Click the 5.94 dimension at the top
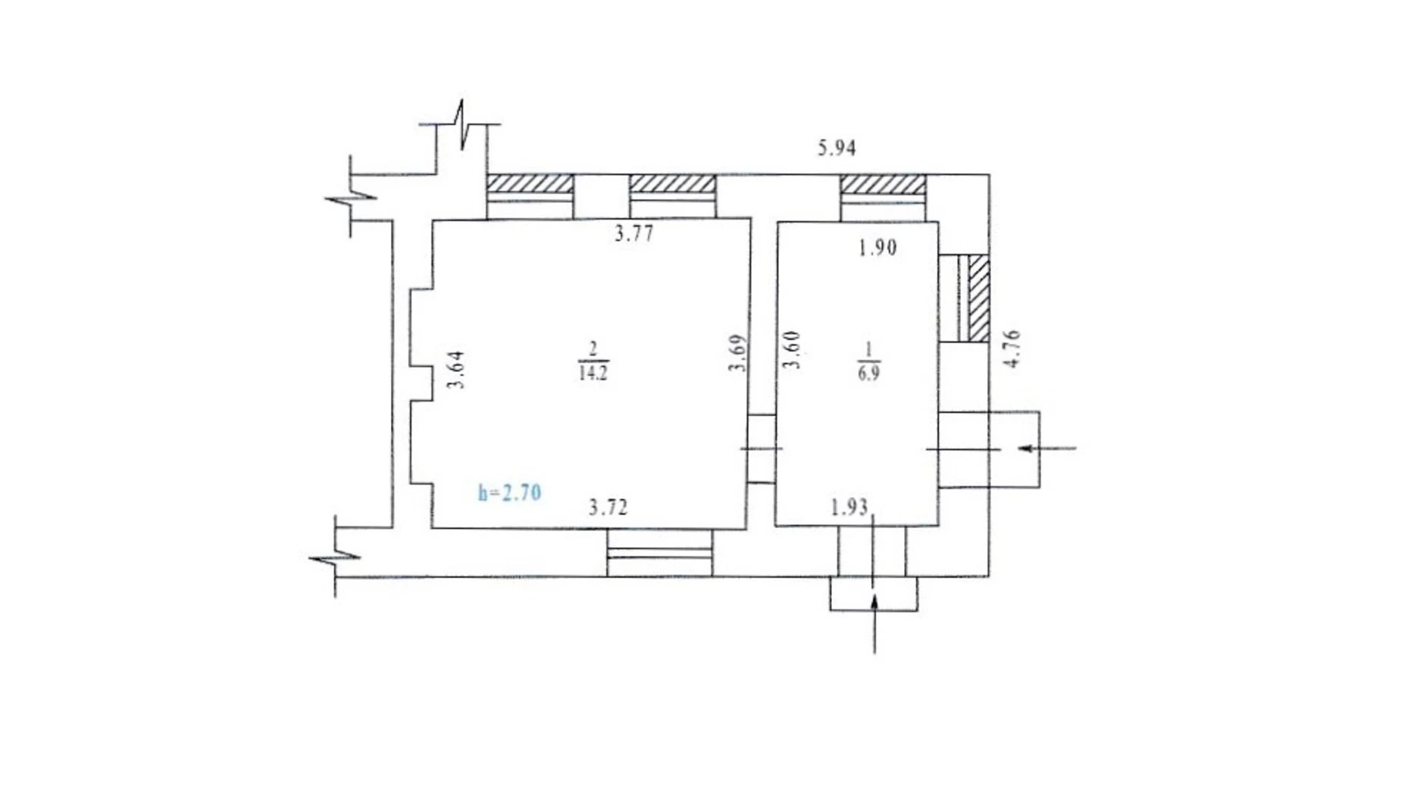click(836, 148)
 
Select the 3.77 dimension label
click(634, 233)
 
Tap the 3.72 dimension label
click(608, 507)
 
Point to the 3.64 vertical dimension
click(456, 370)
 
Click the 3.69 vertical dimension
click(739, 353)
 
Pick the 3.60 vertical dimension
click(791, 349)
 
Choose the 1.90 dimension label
click(878, 248)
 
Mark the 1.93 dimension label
click(849, 507)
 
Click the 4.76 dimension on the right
click(1012, 349)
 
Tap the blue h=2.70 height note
click(509, 492)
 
